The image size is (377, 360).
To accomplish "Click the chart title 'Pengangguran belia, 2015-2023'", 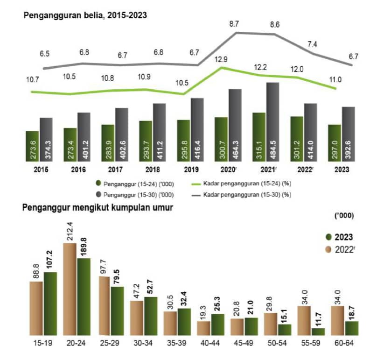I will [x=85, y=15].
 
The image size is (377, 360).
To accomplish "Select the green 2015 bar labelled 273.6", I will [x=32, y=146].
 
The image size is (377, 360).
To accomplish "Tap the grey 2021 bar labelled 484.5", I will [x=272, y=122].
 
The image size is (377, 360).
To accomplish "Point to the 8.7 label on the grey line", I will [x=235, y=23].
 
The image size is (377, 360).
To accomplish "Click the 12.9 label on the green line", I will [x=221, y=59].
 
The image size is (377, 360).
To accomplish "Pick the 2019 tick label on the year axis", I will [x=184, y=169].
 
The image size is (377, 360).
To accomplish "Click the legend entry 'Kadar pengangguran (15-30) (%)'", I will [x=247, y=194].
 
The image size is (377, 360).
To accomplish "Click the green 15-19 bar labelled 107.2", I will [x=50, y=303].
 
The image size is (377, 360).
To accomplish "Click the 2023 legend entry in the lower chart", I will [x=339, y=236].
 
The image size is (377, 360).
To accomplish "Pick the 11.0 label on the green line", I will [x=335, y=80].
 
